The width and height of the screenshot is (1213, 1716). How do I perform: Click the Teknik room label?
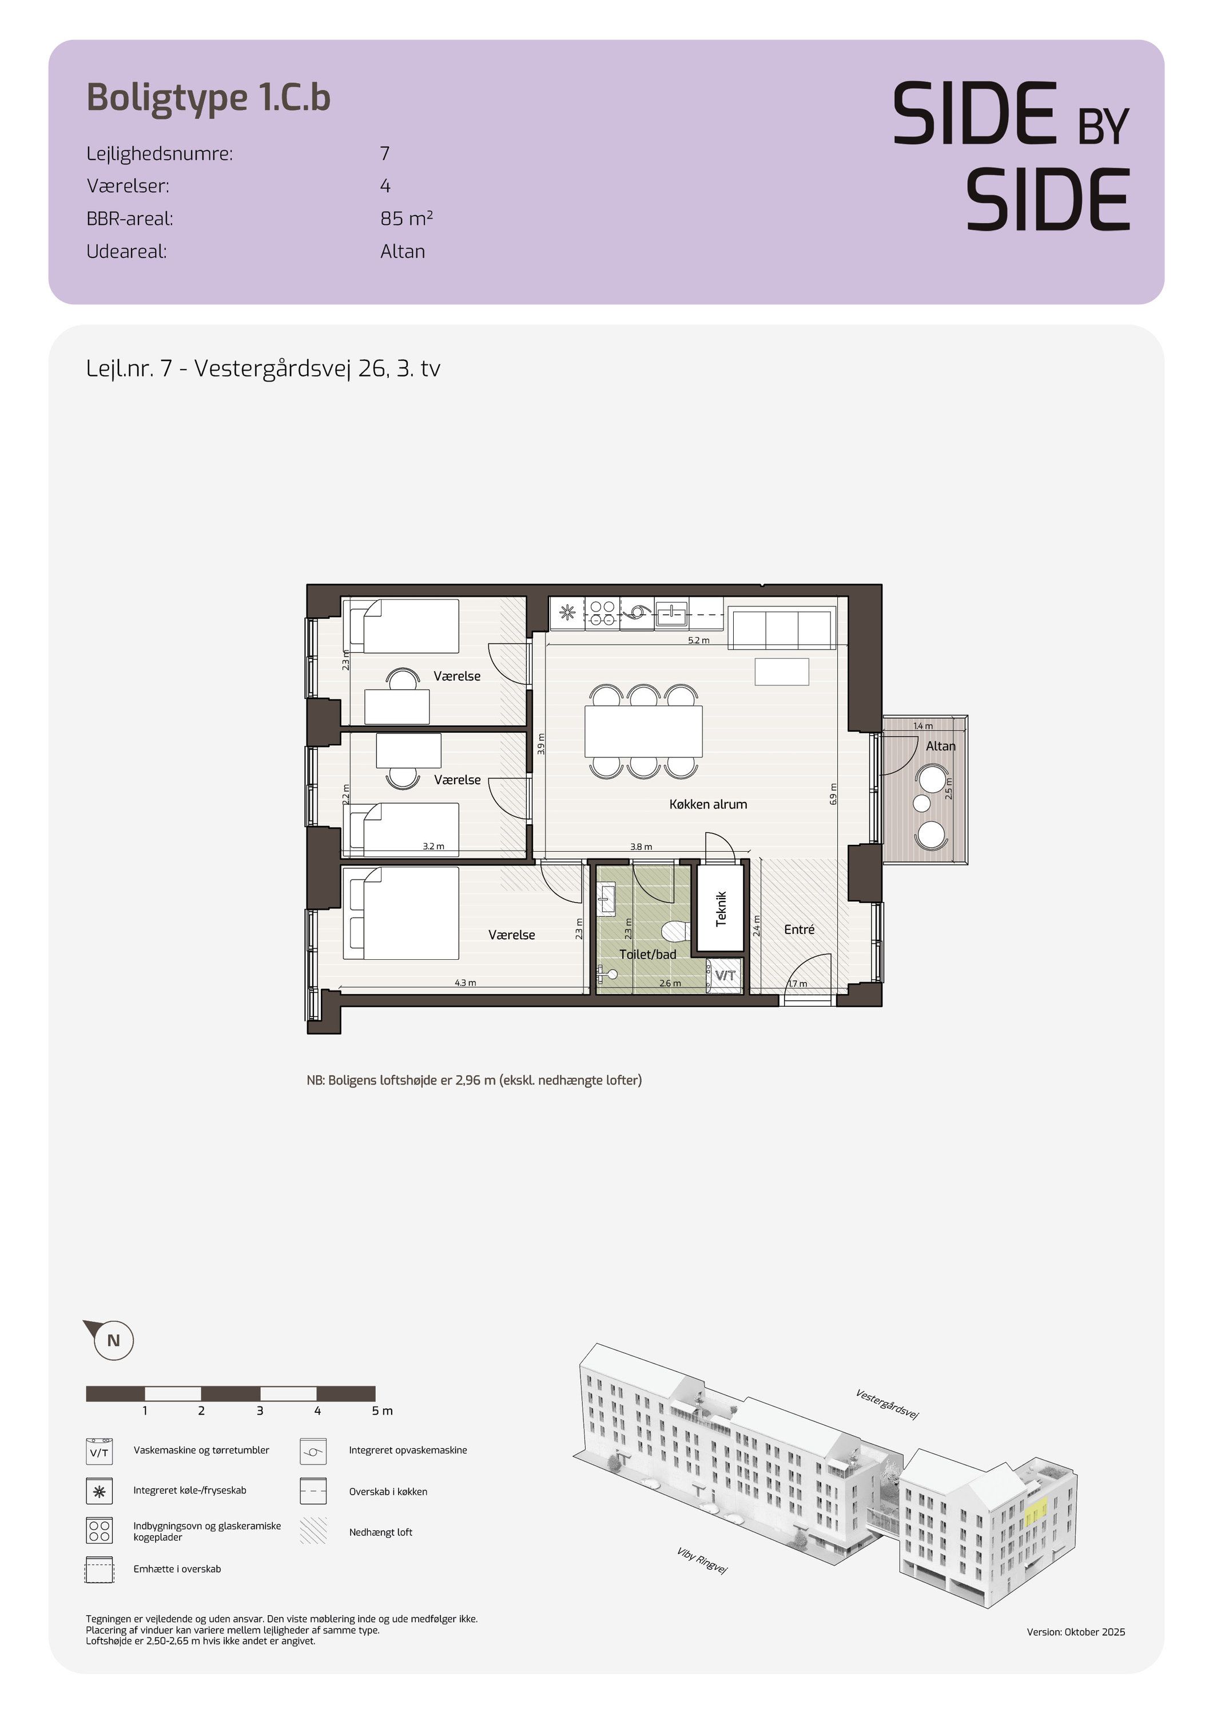[721, 908]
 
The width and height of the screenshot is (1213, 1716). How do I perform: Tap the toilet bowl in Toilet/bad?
[675, 931]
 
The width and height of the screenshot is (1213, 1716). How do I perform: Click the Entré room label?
[799, 929]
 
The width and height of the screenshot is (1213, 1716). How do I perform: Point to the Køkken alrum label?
[708, 804]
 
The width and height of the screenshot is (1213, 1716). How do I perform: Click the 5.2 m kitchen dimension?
[698, 641]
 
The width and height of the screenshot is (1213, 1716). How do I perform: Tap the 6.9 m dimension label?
[833, 793]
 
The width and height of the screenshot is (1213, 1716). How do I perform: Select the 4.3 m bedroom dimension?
[465, 983]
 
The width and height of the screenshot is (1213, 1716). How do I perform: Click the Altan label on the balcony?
[940, 746]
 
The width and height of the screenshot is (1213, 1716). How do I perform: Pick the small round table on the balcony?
[921, 804]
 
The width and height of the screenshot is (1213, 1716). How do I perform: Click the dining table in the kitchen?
[643, 732]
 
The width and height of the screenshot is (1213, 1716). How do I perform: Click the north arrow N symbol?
[113, 1340]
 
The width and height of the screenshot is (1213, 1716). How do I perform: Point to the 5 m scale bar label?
[382, 1411]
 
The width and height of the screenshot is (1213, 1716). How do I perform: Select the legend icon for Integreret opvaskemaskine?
[312, 1451]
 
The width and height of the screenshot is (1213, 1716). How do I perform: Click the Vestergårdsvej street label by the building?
[887, 1404]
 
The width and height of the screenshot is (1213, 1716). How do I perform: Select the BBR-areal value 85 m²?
[407, 219]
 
